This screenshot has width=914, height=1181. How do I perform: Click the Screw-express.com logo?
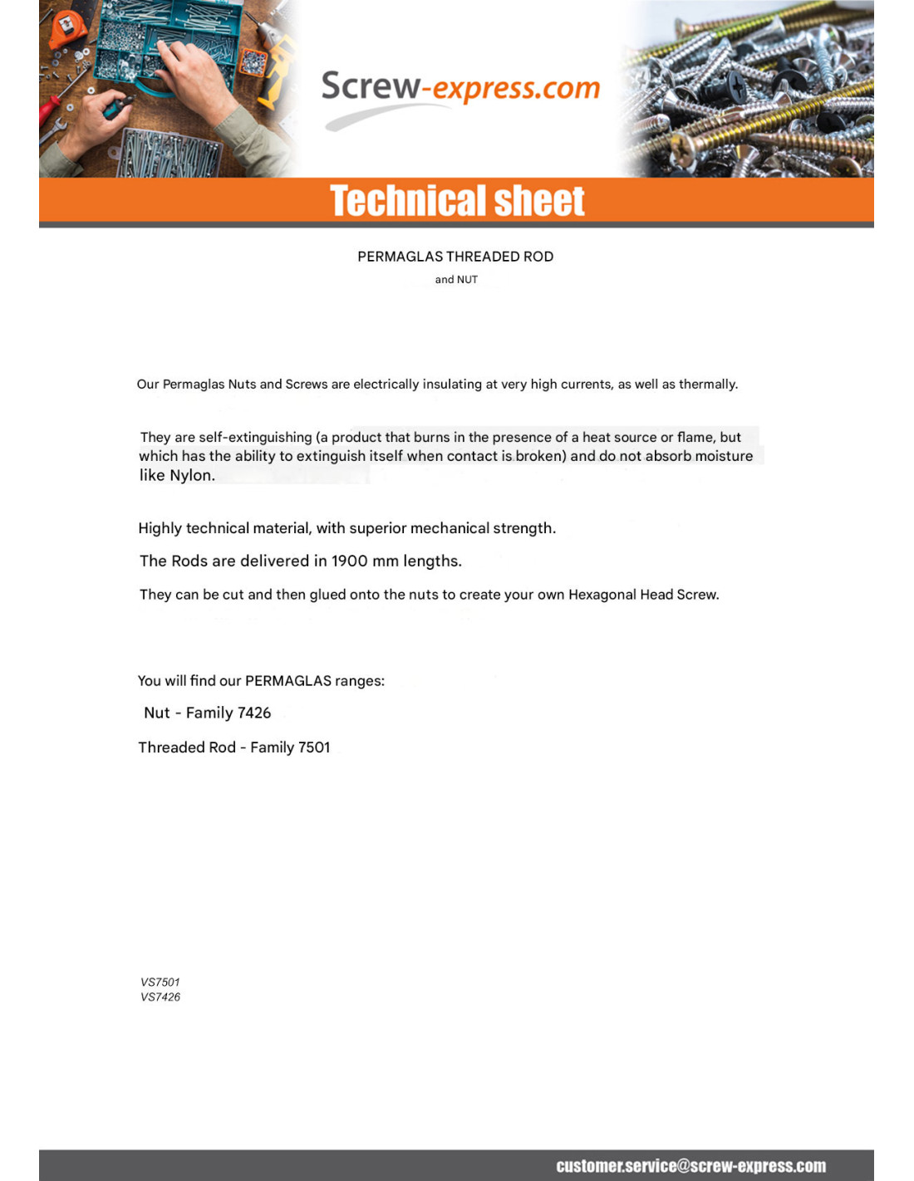point(459,88)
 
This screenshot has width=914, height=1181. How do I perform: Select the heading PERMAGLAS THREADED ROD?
point(455,257)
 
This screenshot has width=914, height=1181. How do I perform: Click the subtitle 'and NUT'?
point(456,280)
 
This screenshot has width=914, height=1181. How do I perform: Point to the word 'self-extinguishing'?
point(255,438)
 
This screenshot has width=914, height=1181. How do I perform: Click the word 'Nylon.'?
point(192,476)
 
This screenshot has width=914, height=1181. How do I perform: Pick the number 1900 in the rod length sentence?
point(349,561)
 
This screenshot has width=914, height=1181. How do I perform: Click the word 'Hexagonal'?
point(602,595)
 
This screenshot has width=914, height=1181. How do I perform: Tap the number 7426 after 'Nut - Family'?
point(254,713)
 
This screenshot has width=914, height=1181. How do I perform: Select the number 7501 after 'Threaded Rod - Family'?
point(314,747)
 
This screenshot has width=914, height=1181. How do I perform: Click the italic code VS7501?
point(160,983)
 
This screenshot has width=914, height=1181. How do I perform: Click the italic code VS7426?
point(160,997)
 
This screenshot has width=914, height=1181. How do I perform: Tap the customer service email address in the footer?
point(690,1166)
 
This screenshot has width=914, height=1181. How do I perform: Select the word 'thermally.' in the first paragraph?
point(708,385)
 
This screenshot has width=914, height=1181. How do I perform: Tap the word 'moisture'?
point(724,456)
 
